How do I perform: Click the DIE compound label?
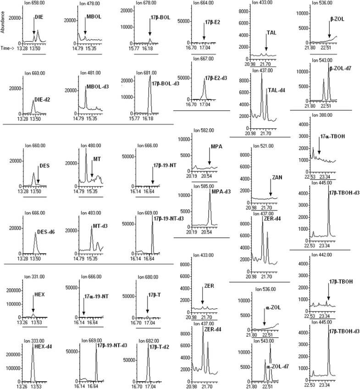40,16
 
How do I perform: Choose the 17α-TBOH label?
332,136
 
